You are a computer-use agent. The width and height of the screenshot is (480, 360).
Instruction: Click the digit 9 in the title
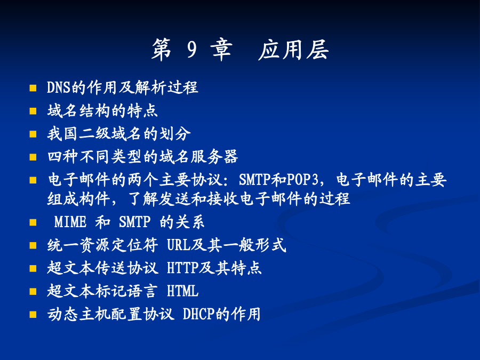[192, 50]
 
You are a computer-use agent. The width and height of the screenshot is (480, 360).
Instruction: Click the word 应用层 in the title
[293, 50]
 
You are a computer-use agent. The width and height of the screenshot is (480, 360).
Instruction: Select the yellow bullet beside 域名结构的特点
[33, 111]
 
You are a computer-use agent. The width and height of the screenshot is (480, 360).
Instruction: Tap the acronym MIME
[70, 222]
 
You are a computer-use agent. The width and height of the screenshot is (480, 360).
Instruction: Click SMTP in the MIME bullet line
[135, 222]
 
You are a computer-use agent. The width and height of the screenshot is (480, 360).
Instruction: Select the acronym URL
[179, 245]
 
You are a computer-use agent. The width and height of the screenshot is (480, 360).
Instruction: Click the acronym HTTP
[183, 268]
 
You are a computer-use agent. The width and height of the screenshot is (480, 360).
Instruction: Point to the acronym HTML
[183, 291]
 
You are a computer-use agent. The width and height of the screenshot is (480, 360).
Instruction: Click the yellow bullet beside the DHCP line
[33, 314]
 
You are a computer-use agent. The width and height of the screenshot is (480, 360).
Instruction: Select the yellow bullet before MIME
[33, 222]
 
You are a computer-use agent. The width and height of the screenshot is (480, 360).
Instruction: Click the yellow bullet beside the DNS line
[33, 88]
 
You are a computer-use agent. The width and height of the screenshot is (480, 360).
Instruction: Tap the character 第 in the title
[161, 50]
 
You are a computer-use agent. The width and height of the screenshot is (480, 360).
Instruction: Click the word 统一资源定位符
[102, 245]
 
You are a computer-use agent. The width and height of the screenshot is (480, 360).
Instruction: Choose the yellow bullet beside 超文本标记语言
[33, 291]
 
